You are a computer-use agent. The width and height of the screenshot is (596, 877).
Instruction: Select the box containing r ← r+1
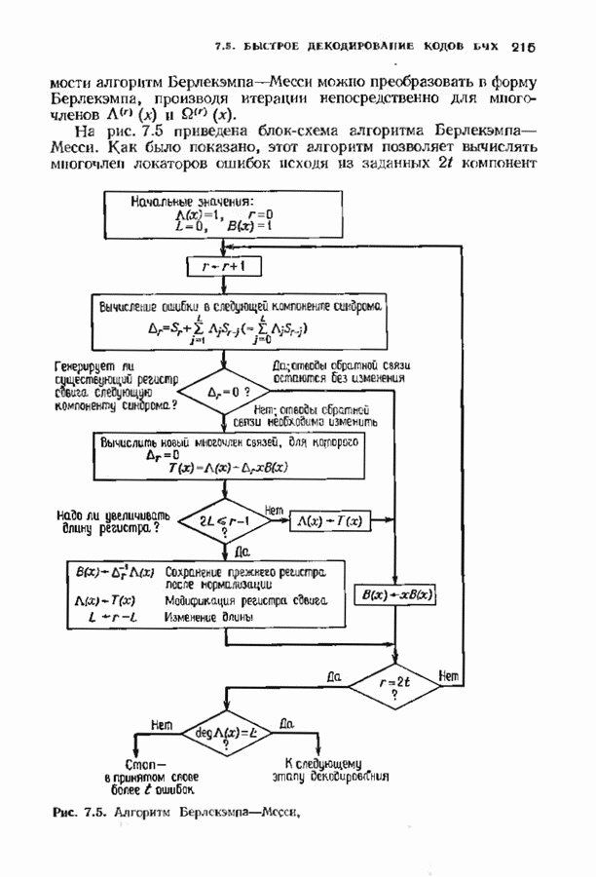click(224, 264)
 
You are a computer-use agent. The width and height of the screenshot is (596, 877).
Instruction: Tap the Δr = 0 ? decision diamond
click(224, 392)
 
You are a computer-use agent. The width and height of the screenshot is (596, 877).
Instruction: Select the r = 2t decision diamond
click(398, 684)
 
